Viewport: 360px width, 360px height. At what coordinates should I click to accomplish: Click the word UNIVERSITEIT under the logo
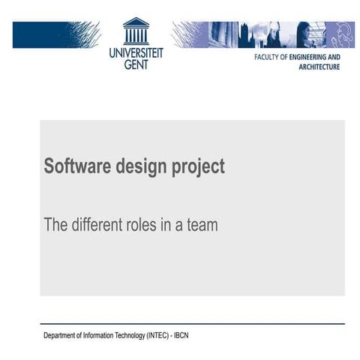(136, 53)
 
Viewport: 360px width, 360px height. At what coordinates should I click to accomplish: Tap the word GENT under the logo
(136, 64)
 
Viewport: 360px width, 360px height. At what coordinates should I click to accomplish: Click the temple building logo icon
(136, 31)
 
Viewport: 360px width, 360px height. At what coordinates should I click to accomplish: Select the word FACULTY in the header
(271, 57)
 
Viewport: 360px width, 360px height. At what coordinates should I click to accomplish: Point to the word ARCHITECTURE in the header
(319, 67)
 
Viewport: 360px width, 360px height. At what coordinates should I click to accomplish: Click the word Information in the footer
(98, 335)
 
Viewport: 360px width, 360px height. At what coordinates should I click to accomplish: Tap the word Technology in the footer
(131, 335)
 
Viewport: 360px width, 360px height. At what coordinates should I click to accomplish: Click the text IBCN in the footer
(181, 335)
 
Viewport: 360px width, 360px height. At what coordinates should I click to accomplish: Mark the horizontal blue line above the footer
(193, 324)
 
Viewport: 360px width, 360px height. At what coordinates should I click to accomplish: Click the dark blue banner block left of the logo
(55, 34)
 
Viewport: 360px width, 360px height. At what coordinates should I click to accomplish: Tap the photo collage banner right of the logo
(262, 34)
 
